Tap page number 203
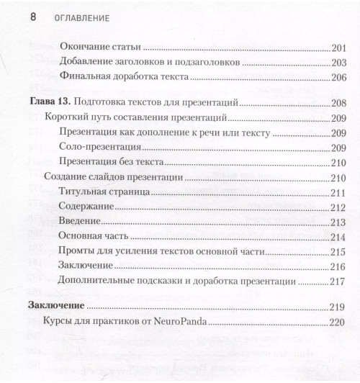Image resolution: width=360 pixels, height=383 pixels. (340, 63)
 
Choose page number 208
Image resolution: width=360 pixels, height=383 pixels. (340, 102)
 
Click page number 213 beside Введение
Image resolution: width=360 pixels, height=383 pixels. (340, 222)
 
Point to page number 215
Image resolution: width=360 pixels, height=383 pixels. (340, 251)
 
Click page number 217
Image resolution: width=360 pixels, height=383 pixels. (340, 281)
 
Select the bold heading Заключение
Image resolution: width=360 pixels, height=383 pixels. (55, 305)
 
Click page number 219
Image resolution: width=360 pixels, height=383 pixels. (340, 305)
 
